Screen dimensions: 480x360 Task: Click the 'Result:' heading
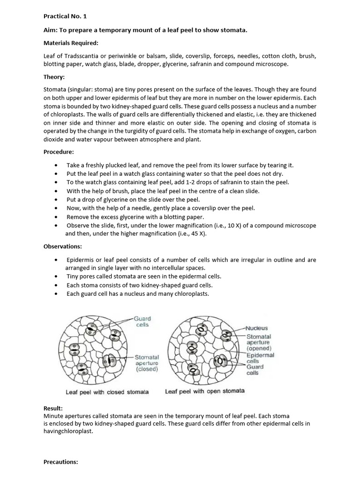point(53,409)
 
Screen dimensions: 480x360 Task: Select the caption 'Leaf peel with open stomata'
point(205,391)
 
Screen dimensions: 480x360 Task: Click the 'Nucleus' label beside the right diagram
point(257,328)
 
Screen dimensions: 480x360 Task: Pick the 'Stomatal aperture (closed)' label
point(147,363)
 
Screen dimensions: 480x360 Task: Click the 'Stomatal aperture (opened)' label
point(259,343)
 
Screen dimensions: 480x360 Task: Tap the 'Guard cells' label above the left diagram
point(142,322)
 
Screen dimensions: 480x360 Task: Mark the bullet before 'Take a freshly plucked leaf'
point(57,165)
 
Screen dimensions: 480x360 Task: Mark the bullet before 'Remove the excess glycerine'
point(57,217)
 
